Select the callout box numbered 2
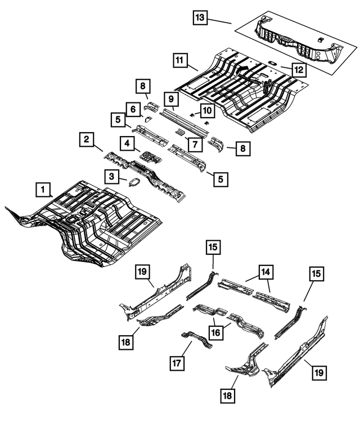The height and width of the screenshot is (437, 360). click(86, 139)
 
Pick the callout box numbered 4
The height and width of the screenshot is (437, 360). click(128, 144)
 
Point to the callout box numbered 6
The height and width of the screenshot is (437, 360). click(133, 109)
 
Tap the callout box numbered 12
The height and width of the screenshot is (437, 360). click(299, 70)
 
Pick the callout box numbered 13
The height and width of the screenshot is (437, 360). click(200, 18)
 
